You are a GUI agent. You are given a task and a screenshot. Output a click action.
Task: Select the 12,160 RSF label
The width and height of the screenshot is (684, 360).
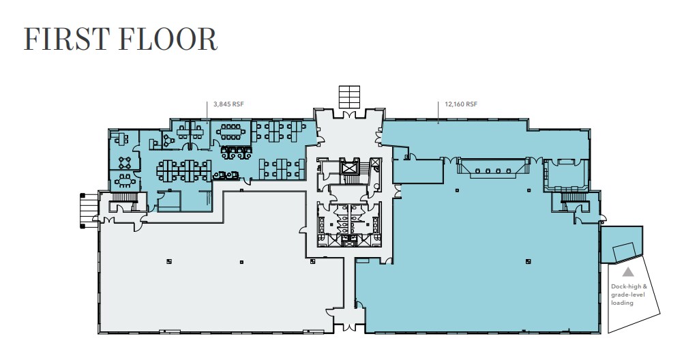[460, 104]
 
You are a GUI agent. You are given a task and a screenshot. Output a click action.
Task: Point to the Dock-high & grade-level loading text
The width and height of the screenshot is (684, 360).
[628, 295]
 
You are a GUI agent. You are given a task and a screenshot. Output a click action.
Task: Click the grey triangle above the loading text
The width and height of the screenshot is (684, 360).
[627, 272]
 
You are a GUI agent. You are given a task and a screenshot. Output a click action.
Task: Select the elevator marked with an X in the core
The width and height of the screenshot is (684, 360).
[351, 166]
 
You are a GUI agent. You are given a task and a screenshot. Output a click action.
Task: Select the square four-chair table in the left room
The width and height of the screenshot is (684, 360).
[124, 162]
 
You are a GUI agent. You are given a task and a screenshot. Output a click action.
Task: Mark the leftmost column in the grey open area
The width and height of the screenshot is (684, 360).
[168, 261]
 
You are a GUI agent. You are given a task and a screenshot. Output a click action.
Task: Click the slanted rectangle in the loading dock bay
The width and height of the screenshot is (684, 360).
[625, 252]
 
